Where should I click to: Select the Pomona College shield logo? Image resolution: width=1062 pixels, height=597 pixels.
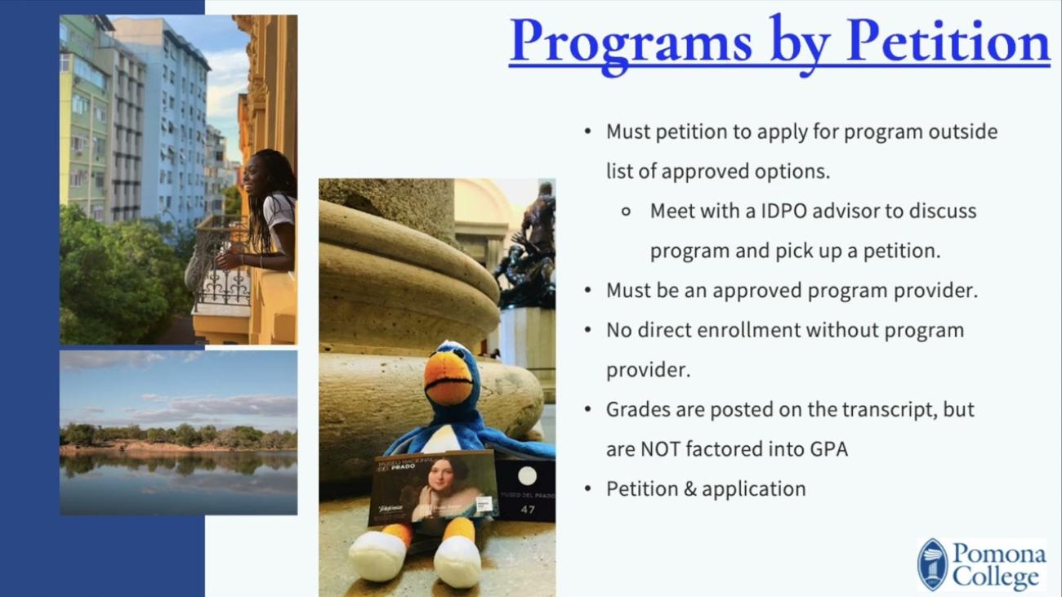932,564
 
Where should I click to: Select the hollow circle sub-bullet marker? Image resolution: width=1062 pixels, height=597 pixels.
627,211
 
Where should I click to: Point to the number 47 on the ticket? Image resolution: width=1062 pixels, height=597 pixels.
528,510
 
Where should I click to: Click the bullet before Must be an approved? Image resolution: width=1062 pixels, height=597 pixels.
588,291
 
